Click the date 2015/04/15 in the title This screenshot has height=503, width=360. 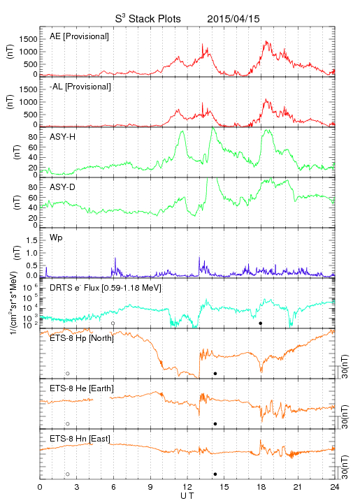[x=233, y=19]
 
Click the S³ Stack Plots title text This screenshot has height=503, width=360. [x=148, y=19]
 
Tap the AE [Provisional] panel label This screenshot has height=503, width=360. [x=79, y=36]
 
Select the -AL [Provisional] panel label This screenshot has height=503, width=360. [x=80, y=87]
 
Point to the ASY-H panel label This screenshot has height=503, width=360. [x=63, y=137]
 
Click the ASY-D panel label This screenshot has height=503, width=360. [x=63, y=187]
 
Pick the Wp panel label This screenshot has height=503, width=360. [x=56, y=238]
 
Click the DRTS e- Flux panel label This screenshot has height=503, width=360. [x=106, y=288]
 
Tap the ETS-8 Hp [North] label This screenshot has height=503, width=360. [x=82, y=338]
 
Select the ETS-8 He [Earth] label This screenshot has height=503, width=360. [x=82, y=388]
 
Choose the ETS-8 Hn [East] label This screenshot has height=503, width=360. [x=80, y=439]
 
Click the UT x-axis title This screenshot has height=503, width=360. [x=187, y=496]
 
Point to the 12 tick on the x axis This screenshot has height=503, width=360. [x=187, y=487]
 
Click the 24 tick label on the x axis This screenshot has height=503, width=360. [x=335, y=487]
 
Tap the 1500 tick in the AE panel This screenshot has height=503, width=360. [x=28, y=39]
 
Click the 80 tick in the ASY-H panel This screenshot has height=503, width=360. [x=33, y=138]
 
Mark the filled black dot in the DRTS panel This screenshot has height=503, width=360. [x=261, y=323]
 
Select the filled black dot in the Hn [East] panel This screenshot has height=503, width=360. [x=215, y=474]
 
